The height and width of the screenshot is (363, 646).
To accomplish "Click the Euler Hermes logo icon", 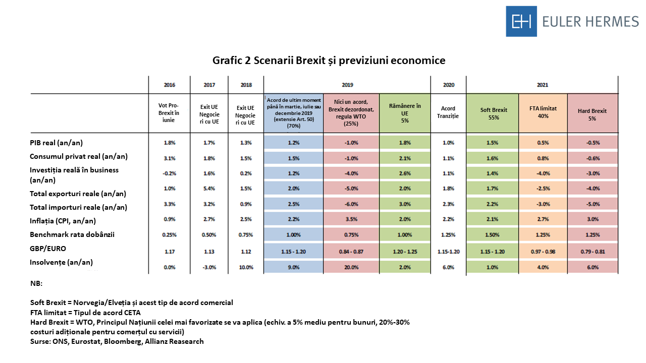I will [x=521, y=21].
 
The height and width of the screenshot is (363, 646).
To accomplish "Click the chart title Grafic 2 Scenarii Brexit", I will [x=329, y=60].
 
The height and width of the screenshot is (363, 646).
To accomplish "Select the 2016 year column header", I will [x=169, y=85].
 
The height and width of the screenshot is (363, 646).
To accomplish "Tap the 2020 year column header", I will [x=448, y=85].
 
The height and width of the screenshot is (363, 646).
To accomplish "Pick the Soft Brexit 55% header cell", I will [x=493, y=113].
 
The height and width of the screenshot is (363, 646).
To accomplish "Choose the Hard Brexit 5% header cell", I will [x=593, y=114].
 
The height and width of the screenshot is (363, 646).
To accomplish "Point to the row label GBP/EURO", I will [x=48, y=249].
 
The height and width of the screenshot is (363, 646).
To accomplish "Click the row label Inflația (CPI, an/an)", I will [x=63, y=221].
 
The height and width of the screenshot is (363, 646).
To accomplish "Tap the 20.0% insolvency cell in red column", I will [x=351, y=267].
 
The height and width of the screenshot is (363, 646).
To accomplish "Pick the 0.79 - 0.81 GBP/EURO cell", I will [x=593, y=251].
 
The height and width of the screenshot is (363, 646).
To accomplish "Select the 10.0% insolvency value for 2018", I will [x=246, y=267].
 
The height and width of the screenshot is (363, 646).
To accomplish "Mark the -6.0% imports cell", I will [x=351, y=204].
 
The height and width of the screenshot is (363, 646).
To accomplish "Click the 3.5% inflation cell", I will [x=351, y=219].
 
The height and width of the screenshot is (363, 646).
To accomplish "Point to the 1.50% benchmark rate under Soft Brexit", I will [x=493, y=235].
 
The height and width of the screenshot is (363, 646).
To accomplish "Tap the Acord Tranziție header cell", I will [x=448, y=112].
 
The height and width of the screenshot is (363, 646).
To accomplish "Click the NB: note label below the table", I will [x=36, y=284].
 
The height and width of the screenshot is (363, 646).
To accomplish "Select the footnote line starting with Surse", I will [x=117, y=341].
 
